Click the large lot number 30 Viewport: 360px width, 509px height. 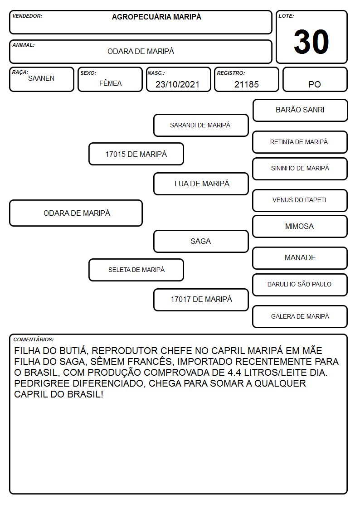click(311, 42)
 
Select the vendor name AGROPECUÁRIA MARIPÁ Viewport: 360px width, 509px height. click(156, 17)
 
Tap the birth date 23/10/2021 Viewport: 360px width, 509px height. click(177, 84)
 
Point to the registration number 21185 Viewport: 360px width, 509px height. click(247, 84)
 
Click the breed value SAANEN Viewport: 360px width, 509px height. click(41, 78)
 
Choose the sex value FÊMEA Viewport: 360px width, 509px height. click(110, 83)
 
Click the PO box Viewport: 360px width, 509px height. click(315, 79)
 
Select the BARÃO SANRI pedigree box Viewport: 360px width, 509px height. click(300, 111)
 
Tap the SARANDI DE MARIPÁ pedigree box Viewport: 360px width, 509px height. click(201, 125)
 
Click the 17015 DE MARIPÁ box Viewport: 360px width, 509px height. click(136, 154)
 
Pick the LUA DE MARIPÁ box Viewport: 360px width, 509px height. click(201, 184)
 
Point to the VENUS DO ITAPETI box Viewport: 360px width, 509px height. click(300, 200)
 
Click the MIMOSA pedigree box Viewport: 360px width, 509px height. click(300, 226)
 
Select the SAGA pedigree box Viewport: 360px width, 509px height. click(201, 241)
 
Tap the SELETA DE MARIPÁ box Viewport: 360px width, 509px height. click(136, 270)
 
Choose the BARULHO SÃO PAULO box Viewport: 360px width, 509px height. click(300, 285)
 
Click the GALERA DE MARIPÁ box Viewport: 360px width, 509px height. click(300, 316)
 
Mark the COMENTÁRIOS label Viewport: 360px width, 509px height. click(34, 339)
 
